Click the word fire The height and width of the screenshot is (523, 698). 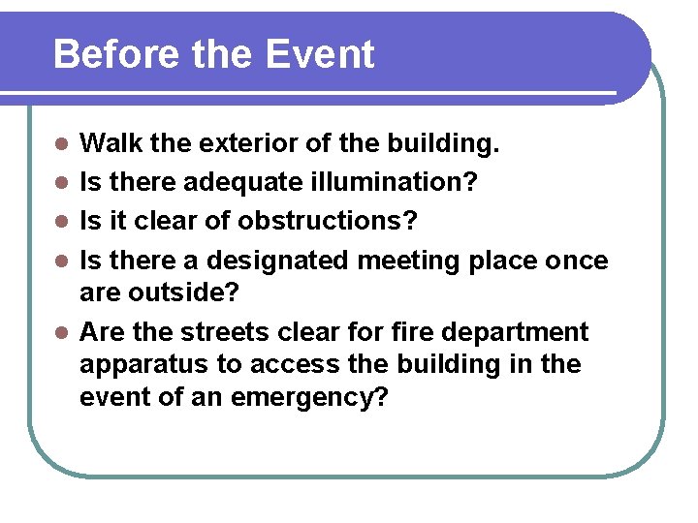click(412, 332)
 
